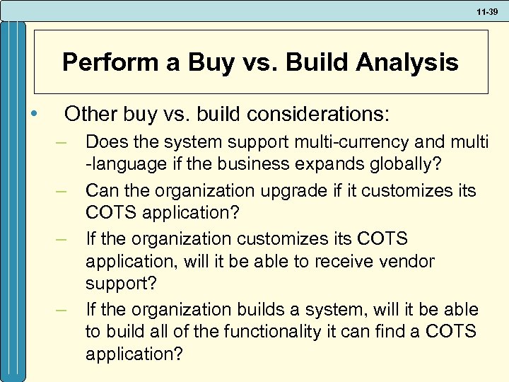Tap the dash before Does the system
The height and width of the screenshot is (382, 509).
[x=62, y=143]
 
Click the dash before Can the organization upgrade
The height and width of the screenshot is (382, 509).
[x=62, y=191]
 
